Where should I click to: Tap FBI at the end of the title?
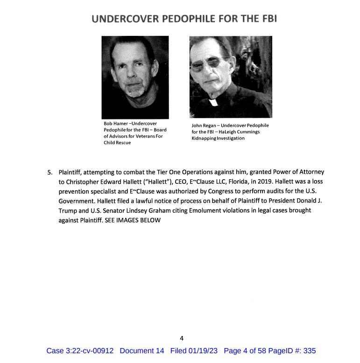coord(259,19)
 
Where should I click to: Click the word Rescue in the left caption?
coord(124,143)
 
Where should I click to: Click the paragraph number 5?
coord(50,172)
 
